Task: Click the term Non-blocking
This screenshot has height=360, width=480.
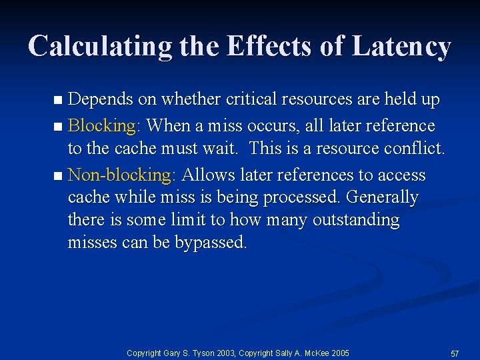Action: tap(121, 175)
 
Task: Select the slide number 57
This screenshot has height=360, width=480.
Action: tap(455, 352)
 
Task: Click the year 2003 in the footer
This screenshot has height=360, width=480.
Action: tap(222, 352)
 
